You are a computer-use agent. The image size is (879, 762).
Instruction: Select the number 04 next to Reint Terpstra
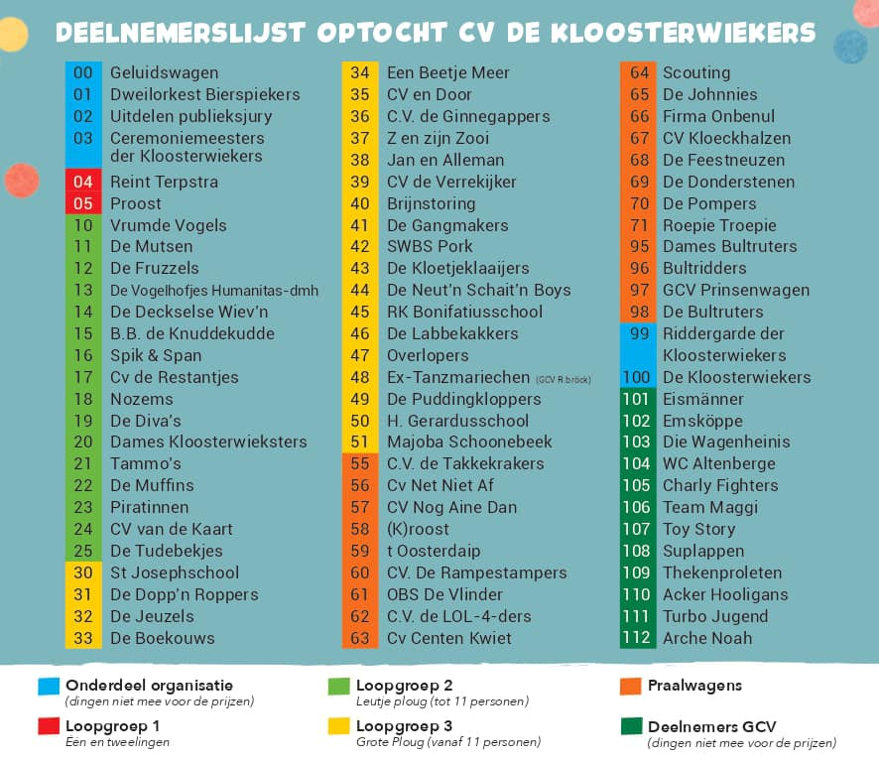83,182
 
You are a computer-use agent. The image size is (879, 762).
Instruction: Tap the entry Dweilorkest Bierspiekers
204,94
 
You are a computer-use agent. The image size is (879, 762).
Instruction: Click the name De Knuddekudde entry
191,333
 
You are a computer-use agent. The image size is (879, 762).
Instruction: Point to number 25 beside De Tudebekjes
83,551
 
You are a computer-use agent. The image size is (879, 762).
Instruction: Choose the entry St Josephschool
175,572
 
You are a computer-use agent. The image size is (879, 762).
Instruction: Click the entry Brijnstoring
431,203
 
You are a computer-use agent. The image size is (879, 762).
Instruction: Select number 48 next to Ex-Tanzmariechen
360,377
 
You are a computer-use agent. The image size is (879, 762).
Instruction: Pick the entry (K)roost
418,529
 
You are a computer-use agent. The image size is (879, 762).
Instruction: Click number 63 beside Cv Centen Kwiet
360,638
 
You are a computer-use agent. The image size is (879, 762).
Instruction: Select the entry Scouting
695,72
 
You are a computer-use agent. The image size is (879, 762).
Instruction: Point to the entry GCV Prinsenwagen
735,290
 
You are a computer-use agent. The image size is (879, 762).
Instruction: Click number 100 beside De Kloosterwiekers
636,377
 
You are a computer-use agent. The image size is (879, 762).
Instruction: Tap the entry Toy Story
698,529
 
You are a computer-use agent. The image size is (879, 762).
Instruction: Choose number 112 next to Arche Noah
636,638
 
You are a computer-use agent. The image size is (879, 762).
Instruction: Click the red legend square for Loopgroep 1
49,725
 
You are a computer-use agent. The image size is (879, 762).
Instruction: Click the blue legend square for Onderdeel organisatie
49,686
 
